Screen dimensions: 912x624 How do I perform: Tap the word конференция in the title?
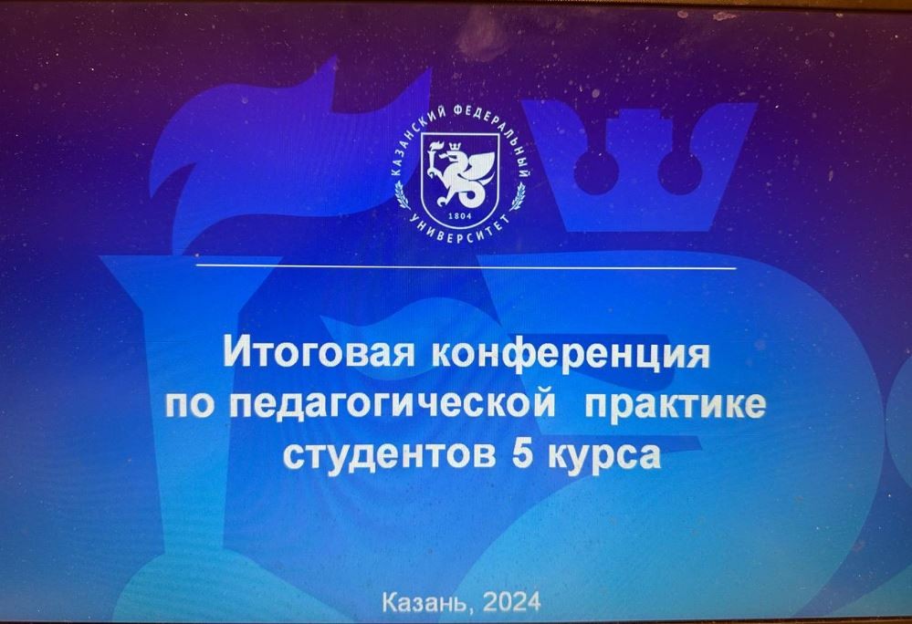[x=571, y=354]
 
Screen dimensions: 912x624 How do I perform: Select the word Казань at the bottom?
[x=425, y=602]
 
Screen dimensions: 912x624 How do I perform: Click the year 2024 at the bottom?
[x=511, y=602]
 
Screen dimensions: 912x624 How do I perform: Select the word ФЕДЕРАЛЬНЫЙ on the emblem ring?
[x=499, y=133]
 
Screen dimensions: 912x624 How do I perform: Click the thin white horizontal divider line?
[x=466, y=266]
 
